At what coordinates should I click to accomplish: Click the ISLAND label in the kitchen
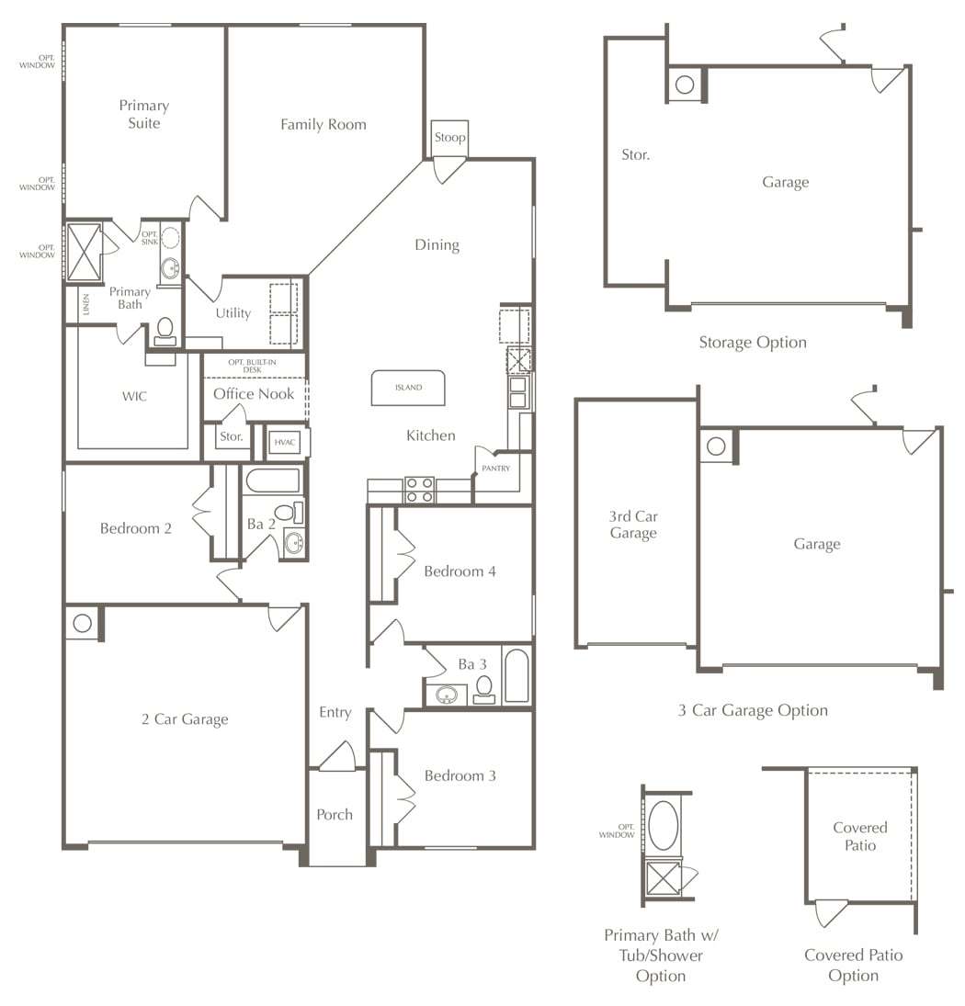click(x=409, y=388)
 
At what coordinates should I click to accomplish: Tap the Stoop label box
click(x=449, y=137)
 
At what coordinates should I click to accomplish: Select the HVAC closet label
click(x=285, y=442)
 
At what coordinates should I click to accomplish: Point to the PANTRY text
click(x=496, y=469)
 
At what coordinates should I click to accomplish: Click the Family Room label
click(x=324, y=124)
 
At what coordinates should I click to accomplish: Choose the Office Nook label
click(x=254, y=394)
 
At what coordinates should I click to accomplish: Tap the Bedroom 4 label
click(x=460, y=571)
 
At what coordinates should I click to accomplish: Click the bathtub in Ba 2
click(x=273, y=480)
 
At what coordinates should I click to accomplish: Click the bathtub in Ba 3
click(x=517, y=675)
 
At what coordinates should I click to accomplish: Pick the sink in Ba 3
click(x=448, y=695)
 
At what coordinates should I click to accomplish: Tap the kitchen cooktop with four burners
click(x=420, y=490)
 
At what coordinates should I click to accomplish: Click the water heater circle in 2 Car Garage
click(x=82, y=623)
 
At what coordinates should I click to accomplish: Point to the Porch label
click(x=335, y=815)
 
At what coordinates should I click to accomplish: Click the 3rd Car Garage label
click(x=633, y=525)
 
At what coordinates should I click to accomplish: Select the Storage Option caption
click(x=753, y=343)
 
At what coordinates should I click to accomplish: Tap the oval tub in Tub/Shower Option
click(x=664, y=825)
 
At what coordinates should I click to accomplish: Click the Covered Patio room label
click(x=860, y=837)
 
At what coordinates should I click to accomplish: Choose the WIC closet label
click(x=134, y=397)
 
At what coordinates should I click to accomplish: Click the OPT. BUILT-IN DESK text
click(x=252, y=366)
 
